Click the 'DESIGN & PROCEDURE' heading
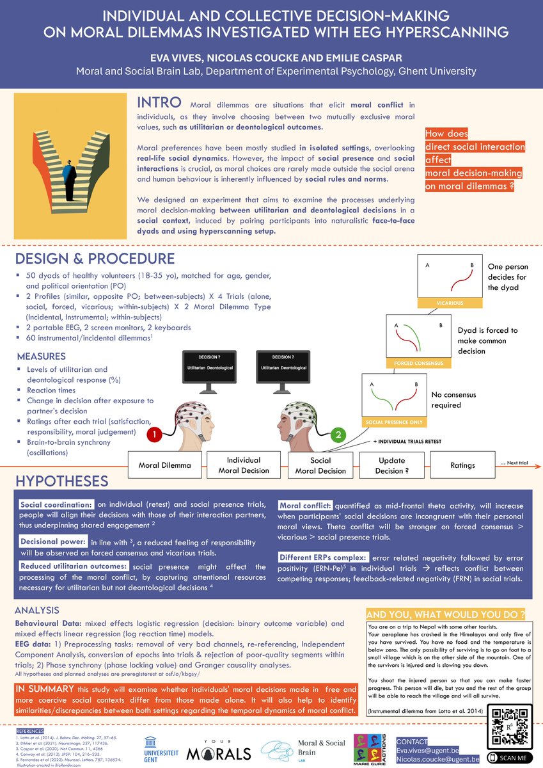(x=93, y=259)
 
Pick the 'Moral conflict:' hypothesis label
(x=303, y=506)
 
